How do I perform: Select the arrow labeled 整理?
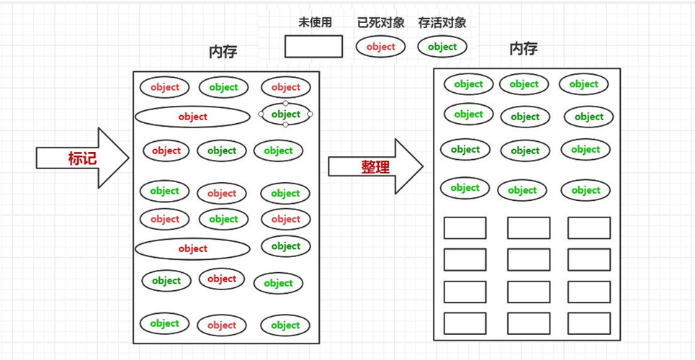[x=375, y=167]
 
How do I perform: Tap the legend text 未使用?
[x=315, y=22]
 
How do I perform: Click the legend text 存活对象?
[x=441, y=22]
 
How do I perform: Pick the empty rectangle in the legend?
[x=313, y=47]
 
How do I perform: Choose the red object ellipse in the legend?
[x=380, y=47]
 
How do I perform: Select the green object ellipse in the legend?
[x=442, y=47]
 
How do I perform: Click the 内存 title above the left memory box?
[x=223, y=52]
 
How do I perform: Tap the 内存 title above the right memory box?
[x=523, y=49]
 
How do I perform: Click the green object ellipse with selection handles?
[x=286, y=114]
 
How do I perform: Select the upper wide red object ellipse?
[x=192, y=117]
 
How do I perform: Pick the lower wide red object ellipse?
[x=192, y=249]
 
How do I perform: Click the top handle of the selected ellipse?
[x=286, y=103]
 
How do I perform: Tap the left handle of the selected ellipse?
[x=261, y=114]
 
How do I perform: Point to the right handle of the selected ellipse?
[x=310, y=114]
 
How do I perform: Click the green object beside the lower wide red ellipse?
[x=285, y=246]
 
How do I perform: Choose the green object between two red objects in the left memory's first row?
[x=223, y=88]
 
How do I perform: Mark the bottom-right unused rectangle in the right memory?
[x=588, y=323]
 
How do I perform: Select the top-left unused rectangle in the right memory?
[x=465, y=228]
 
